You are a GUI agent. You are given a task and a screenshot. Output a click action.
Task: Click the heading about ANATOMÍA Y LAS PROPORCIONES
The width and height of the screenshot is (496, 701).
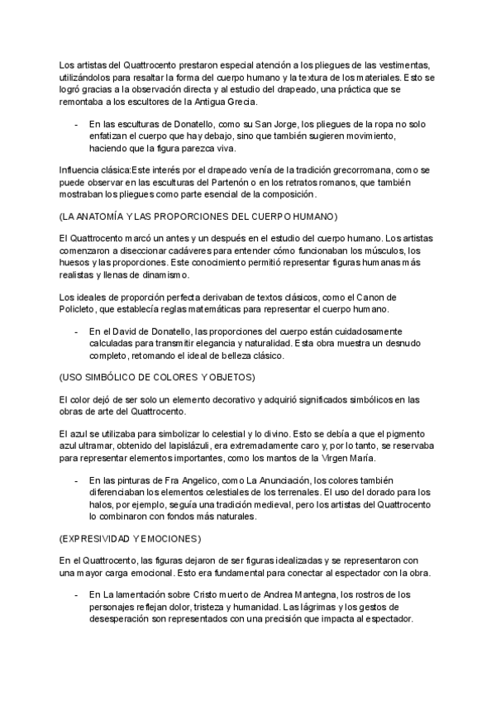coord(198,217)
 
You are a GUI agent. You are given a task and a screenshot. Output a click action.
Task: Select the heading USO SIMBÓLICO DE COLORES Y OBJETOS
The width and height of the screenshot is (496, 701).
coord(158,377)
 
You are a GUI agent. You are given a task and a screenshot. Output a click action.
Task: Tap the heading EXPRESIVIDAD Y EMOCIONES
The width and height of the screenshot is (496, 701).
coord(131,537)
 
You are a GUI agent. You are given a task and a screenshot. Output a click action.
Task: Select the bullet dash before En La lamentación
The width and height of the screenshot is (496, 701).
coord(76,594)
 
